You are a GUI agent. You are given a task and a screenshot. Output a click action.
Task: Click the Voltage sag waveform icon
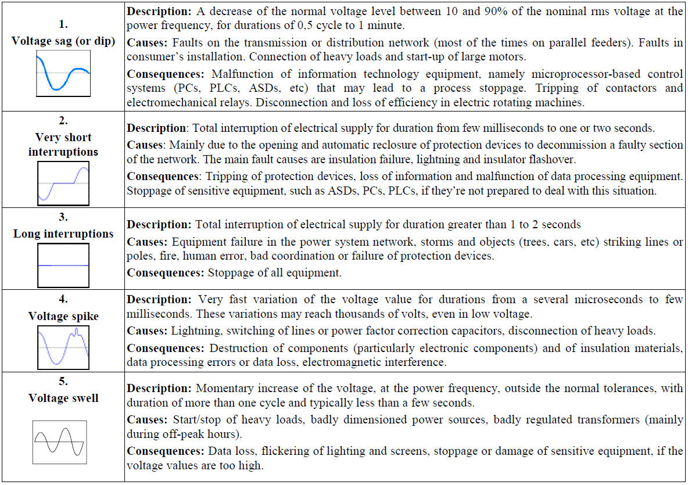pos(63,73)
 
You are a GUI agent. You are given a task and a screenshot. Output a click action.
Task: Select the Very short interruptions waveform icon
pos(63,184)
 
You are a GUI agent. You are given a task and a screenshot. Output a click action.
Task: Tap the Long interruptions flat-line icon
pos(63,265)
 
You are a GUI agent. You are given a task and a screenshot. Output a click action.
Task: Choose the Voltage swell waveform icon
pos(60,442)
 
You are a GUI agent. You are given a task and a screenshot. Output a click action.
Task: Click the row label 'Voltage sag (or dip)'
pos(63,41)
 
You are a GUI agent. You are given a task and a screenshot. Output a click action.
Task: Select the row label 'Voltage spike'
pos(63,316)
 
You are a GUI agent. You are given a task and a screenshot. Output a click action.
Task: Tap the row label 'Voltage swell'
pos(63,398)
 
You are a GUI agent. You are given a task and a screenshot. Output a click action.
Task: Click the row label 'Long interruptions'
pos(63,233)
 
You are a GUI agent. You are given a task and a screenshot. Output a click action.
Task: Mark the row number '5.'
pos(63,382)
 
